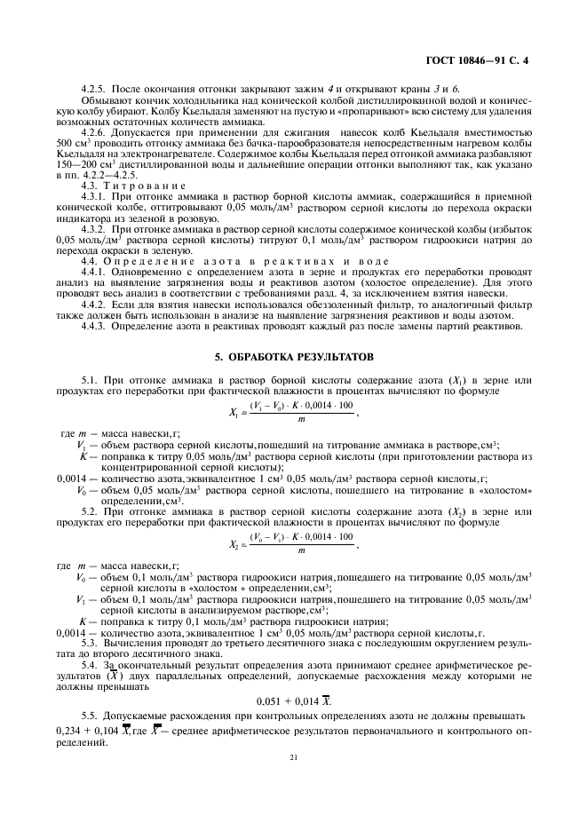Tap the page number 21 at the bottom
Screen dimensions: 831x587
click(293, 757)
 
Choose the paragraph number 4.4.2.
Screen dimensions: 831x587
click(94, 305)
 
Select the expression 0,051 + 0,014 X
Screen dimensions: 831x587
click(293, 677)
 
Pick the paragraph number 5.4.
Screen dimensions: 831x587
click(89, 663)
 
